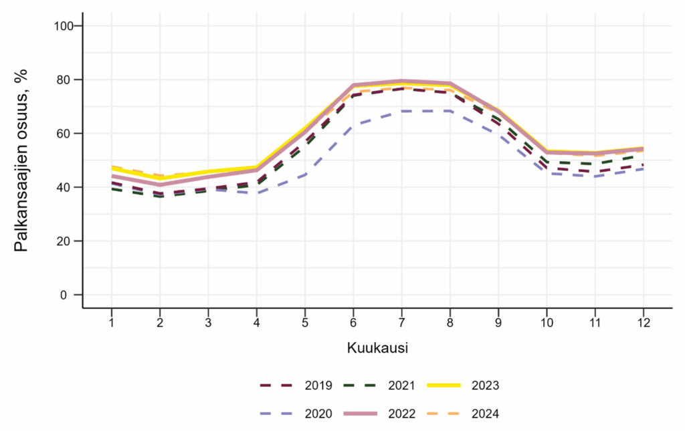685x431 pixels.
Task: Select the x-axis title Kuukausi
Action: click(378, 348)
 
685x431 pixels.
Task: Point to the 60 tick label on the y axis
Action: click(68, 133)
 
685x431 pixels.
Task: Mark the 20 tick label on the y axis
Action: click(68, 241)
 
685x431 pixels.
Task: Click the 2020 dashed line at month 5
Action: click(304, 174)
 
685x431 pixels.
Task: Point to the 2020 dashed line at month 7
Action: click(401, 111)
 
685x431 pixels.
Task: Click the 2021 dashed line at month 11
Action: click(595, 163)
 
